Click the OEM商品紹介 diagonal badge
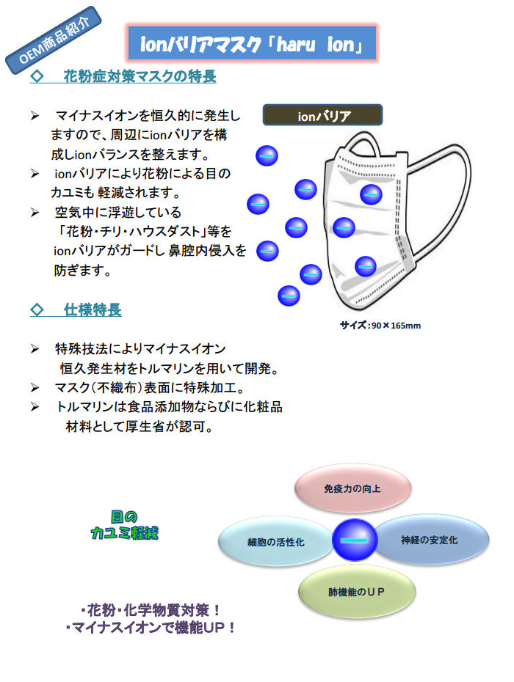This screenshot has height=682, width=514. click(53, 40)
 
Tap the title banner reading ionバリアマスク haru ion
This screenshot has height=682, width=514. click(252, 43)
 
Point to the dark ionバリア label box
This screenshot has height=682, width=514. click(322, 115)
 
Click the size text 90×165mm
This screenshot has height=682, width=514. click(396, 326)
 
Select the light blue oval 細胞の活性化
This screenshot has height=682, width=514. click(275, 542)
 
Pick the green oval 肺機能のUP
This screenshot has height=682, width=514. click(357, 592)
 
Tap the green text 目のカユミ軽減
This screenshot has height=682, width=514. click(125, 525)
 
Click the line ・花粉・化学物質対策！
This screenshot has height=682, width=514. click(151, 610)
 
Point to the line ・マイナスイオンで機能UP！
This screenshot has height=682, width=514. click(151, 628)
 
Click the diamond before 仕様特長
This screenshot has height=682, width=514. click(37, 309)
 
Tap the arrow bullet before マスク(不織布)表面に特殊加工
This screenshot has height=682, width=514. click(35, 387)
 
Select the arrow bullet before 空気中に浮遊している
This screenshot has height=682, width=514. click(35, 212)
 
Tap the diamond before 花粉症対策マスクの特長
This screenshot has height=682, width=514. click(37, 76)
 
